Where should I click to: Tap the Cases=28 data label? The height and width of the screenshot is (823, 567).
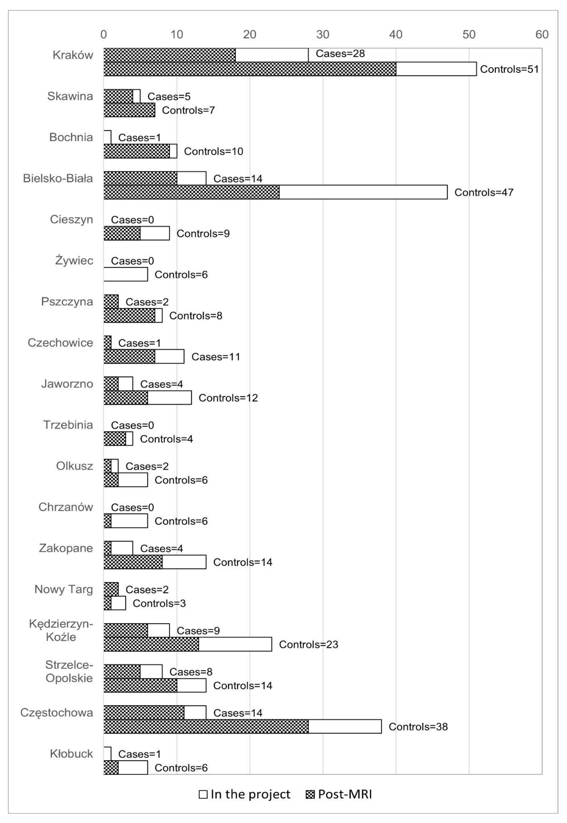[x=340, y=54]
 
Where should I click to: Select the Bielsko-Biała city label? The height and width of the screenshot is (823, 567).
[x=58, y=178]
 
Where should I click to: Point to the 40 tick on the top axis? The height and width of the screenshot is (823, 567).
[x=396, y=34]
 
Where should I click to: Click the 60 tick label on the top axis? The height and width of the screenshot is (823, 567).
[x=542, y=34]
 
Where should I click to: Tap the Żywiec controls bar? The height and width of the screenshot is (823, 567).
[x=126, y=274]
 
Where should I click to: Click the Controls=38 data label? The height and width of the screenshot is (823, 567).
[x=418, y=727]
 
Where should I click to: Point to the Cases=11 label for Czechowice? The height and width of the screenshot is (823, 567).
[x=216, y=357]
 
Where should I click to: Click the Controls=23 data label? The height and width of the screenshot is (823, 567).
[x=308, y=645]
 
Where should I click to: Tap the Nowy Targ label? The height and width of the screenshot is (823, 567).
[x=64, y=589]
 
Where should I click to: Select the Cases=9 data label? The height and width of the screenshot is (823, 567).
[x=198, y=631]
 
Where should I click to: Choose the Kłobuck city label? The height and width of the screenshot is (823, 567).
[x=71, y=754]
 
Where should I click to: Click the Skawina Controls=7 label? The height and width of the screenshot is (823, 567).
[x=188, y=110]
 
